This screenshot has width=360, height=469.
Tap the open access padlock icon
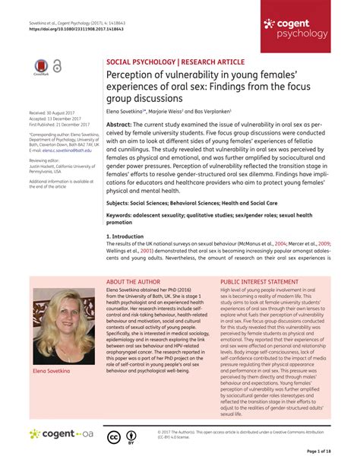tap(57, 67)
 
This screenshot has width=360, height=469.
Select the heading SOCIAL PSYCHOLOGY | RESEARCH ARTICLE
tap(175, 61)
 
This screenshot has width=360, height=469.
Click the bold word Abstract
tap(119, 124)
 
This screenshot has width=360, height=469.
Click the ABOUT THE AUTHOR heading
tap(137, 281)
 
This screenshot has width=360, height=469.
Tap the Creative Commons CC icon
tap(113, 436)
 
